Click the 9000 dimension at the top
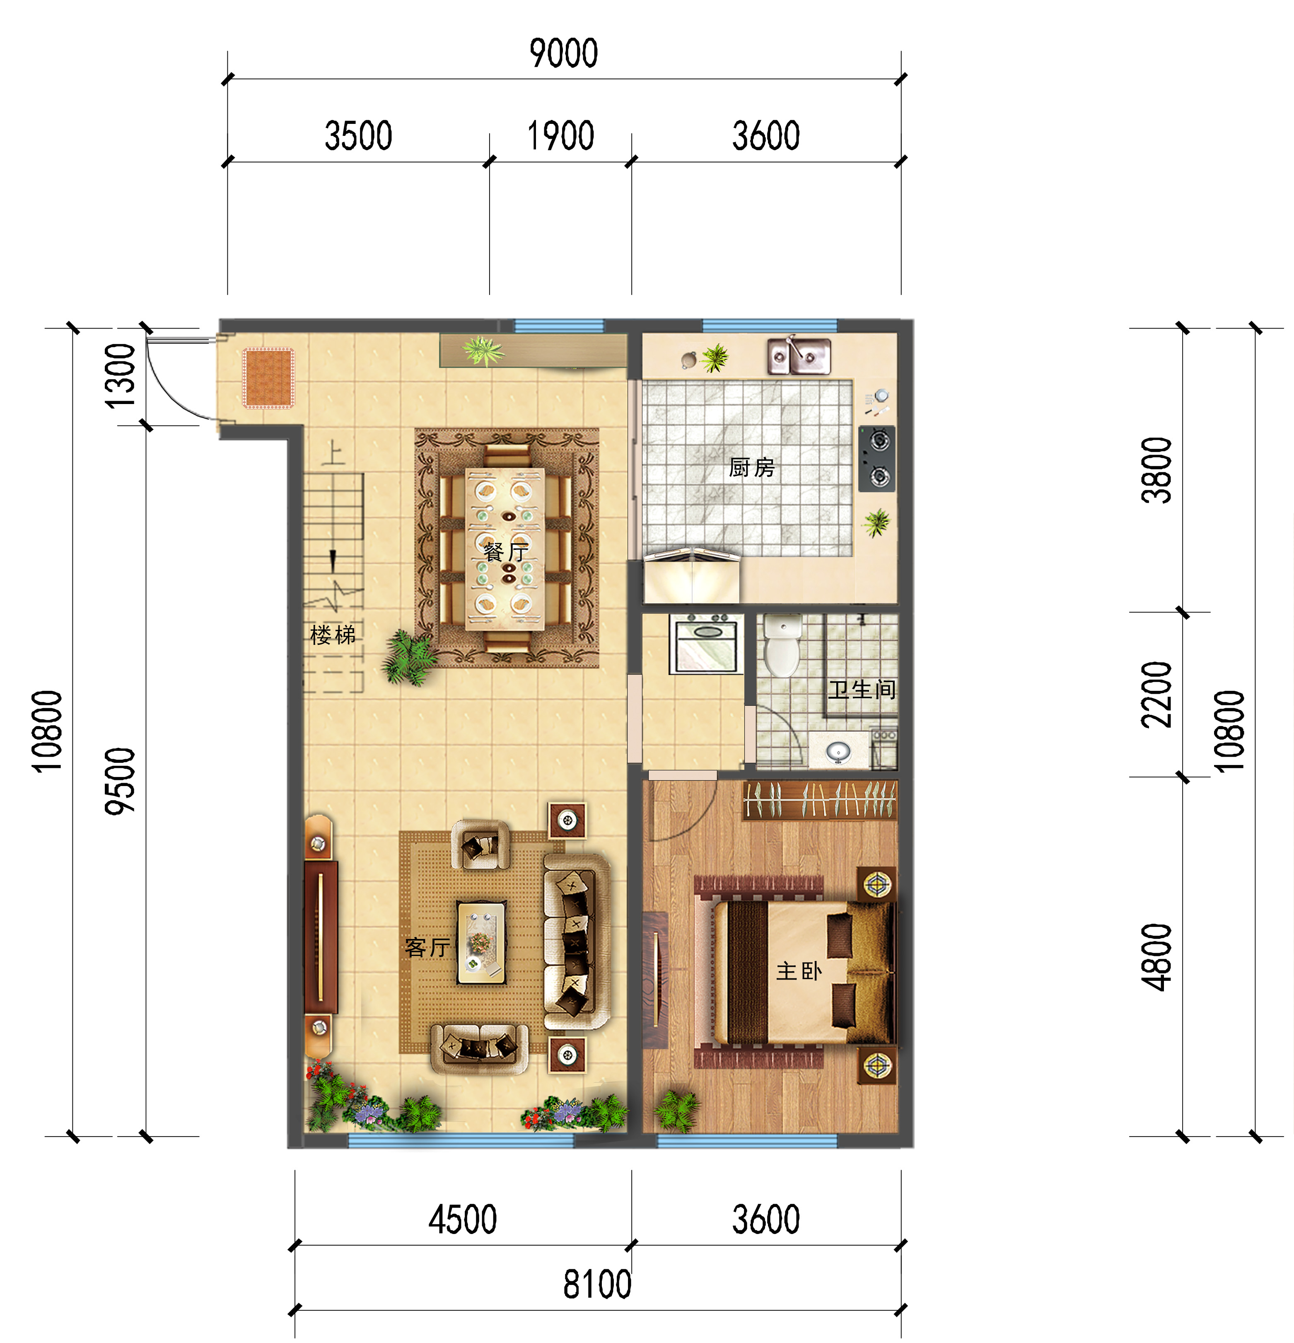click(x=564, y=53)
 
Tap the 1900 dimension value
click(x=560, y=136)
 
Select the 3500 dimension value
click(x=358, y=136)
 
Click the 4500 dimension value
click(x=462, y=1220)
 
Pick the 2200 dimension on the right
click(x=1156, y=694)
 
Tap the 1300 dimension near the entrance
click(x=119, y=375)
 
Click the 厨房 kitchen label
click(x=751, y=467)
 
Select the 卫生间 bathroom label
click(x=862, y=689)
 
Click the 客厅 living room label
click(x=427, y=948)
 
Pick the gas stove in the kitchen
click(x=877, y=458)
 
